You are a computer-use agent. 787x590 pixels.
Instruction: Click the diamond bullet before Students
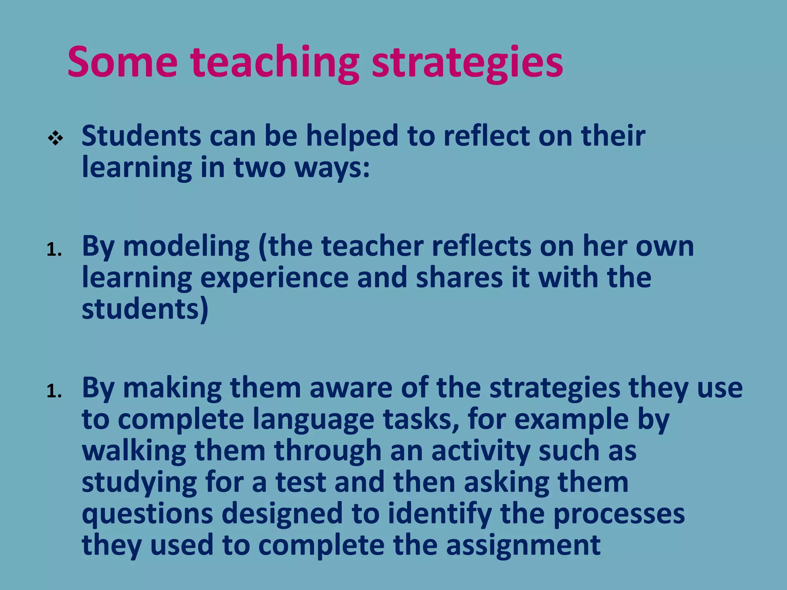[55, 138]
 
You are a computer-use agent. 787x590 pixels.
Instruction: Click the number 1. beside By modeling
[54, 250]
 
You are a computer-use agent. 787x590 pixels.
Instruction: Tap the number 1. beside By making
[54, 392]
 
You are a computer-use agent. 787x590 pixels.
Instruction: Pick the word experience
[274, 278]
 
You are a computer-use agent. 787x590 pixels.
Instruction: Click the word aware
[350, 388]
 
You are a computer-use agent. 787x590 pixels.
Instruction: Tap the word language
[313, 420]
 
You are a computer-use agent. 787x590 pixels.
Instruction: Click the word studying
[139, 483]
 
